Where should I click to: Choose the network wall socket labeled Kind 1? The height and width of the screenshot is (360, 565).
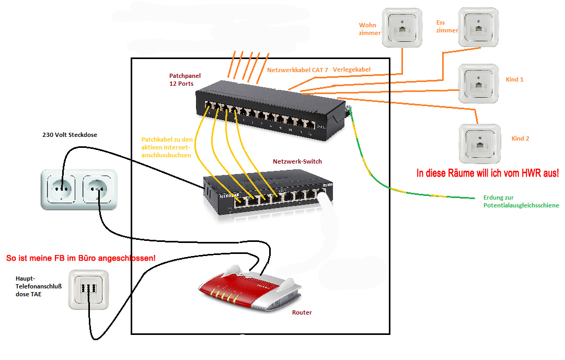coord(478,84)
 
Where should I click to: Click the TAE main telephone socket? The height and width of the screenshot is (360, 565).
coord(90,289)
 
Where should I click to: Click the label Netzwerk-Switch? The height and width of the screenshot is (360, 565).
coord(296,161)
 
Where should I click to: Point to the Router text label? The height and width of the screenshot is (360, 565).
coord(302,312)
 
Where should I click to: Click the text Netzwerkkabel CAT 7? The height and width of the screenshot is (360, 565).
coord(297,69)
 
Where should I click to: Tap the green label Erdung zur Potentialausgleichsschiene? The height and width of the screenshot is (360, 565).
coord(521,202)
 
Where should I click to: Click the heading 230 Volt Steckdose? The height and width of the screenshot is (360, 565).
coord(70,135)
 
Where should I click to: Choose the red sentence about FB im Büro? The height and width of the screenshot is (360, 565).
coord(80,258)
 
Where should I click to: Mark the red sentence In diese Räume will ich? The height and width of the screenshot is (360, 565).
coord(487,173)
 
